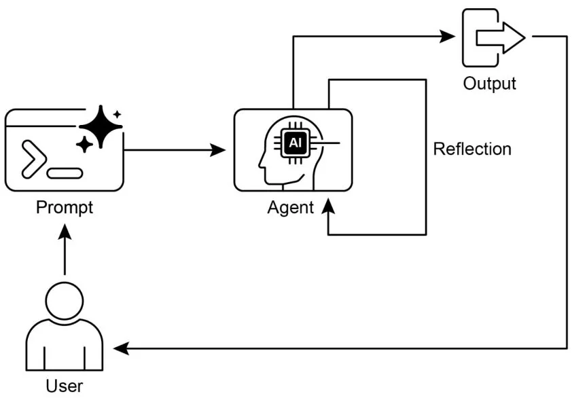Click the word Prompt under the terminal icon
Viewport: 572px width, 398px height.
[x=65, y=206]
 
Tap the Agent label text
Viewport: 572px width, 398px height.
[x=291, y=207]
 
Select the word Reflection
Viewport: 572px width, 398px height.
[x=472, y=149]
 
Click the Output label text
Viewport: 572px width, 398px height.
[x=489, y=84]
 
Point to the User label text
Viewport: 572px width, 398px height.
[x=65, y=386]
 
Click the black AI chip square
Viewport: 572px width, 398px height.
[x=295, y=143]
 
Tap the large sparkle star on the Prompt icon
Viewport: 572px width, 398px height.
[x=101, y=126]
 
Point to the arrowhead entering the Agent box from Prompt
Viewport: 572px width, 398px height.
[x=219, y=150]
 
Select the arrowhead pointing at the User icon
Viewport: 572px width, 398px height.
[x=121, y=348]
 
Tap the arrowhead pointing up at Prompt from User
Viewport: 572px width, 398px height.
[x=65, y=232]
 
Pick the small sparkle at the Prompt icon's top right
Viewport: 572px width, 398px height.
[x=118, y=114]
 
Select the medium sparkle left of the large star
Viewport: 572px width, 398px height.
[x=84, y=144]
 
